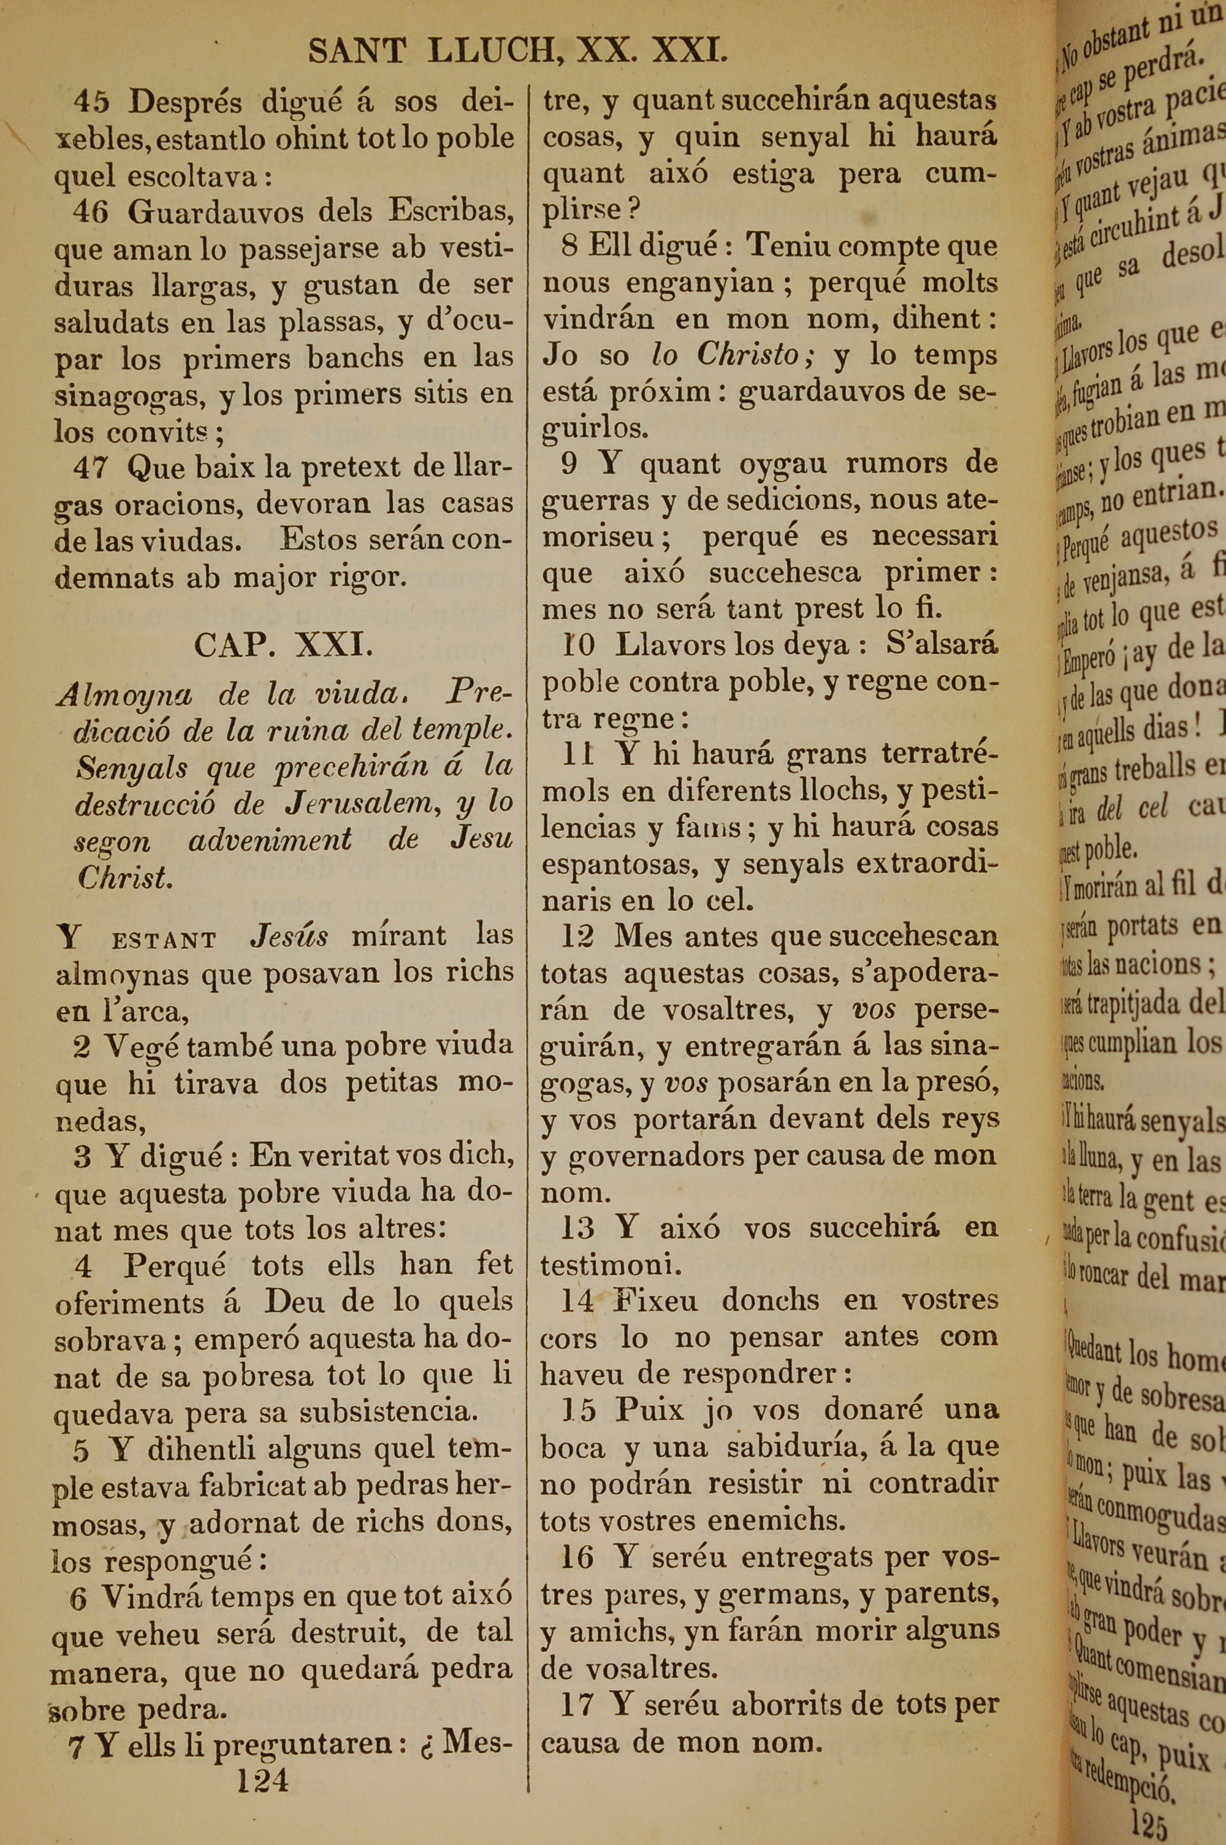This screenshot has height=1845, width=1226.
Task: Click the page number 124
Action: pyautogui.click(x=263, y=1781)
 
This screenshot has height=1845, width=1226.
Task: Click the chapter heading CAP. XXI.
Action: pyautogui.click(x=283, y=645)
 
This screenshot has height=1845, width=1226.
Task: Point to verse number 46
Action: pyautogui.click(x=91, y=212)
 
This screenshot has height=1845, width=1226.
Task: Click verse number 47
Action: pyautogui.click(x=91, y=468)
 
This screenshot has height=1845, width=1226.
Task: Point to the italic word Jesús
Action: pyautogui.click(x=289, y=935)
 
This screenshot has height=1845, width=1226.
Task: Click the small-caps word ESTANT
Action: pyautogui.click(x=164, y=940)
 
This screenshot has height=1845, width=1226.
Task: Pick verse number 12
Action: pyautogui.click(x=577, y=936)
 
